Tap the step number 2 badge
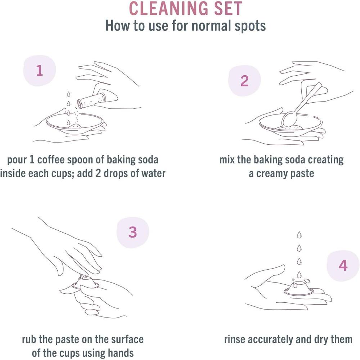click(x=244, y=81)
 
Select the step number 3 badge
click(x=132, y=232)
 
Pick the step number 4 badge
click(x=343, y=266)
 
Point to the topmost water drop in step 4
click(x=298, y=235)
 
